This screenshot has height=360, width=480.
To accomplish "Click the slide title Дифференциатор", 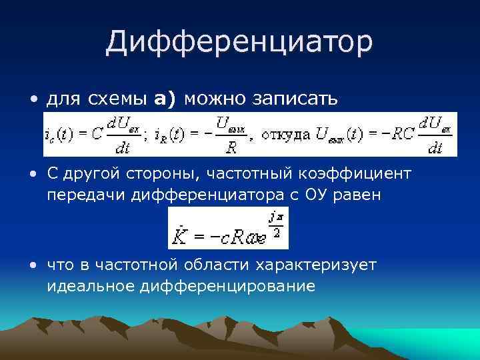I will [x=239, y=43].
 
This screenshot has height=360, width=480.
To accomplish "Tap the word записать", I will [x=295, y=99].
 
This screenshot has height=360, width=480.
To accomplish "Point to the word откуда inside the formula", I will [x=285, y=135].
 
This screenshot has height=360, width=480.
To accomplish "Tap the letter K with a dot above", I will [x=179, y=237].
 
